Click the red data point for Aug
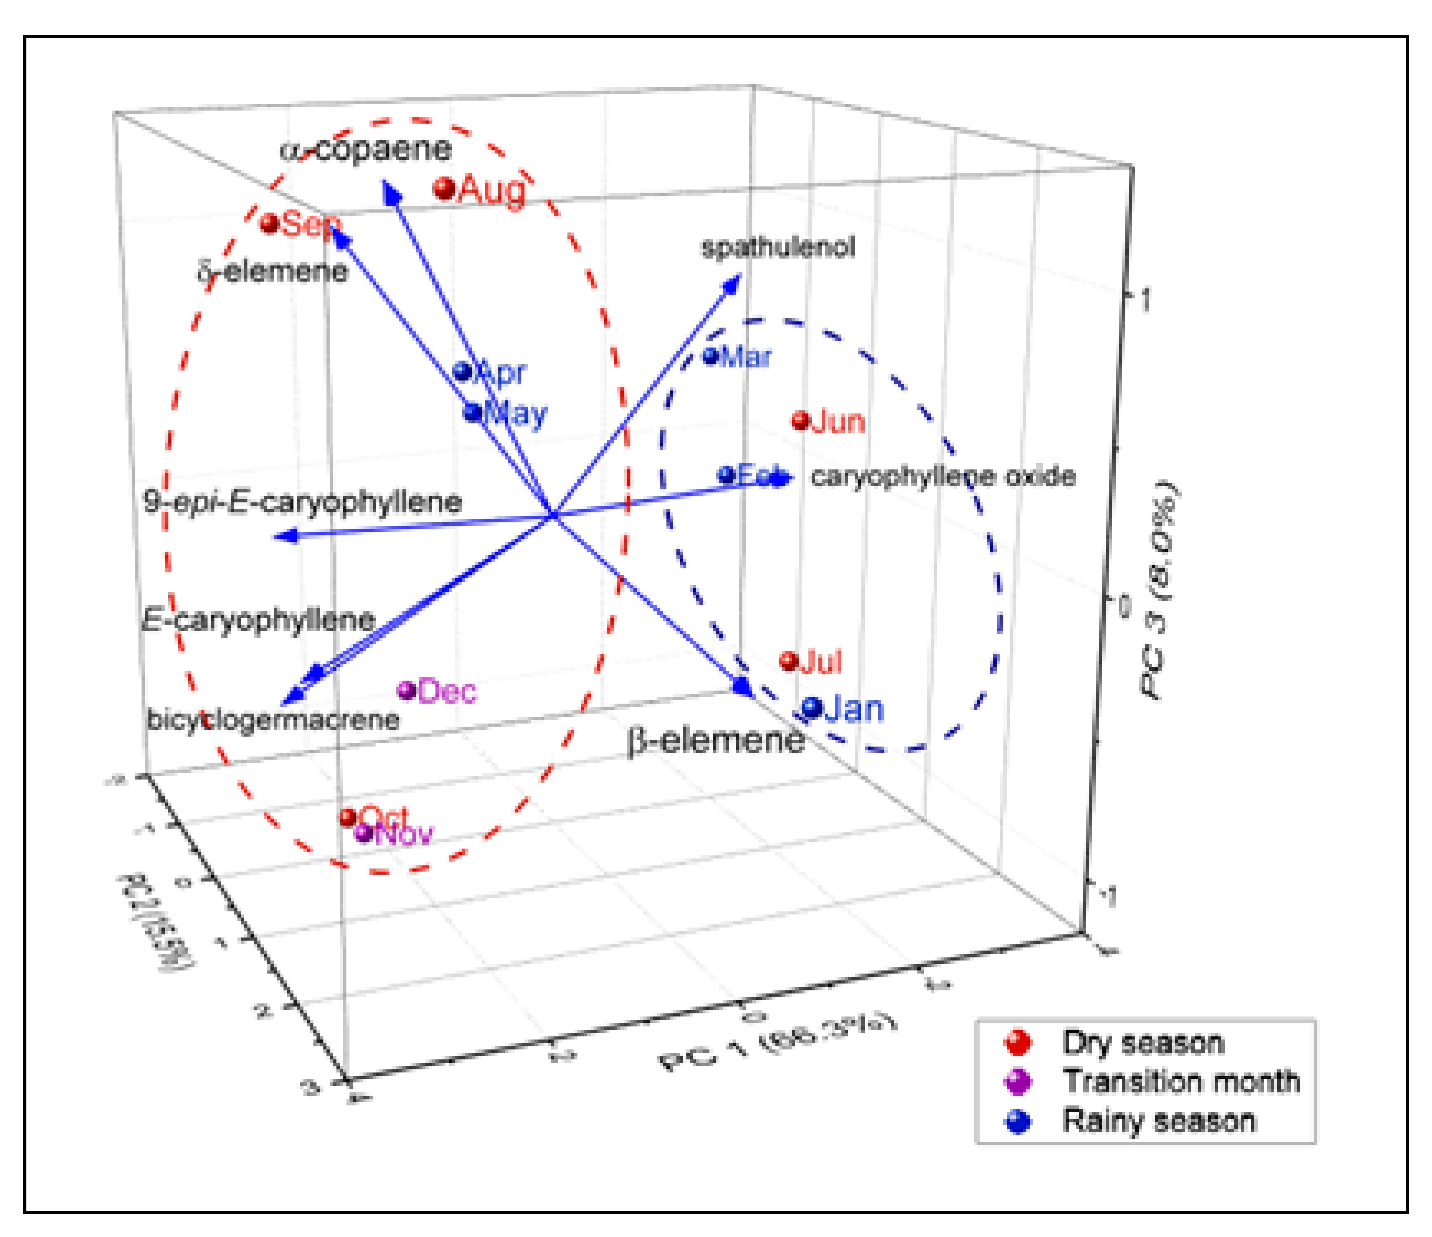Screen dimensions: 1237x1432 coord(445,188)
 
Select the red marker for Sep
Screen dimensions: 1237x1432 coord(269,223)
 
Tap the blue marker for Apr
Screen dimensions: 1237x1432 coord(462,372)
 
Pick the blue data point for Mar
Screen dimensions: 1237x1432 coord(711,357)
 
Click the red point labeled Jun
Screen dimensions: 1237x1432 coord(800,420)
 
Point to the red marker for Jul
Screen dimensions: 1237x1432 coord(789,661)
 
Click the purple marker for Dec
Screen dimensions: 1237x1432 coord(407,689)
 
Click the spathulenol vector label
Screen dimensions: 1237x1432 coord(778,247)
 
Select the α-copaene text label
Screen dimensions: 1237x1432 coord(366,149)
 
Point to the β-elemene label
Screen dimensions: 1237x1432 coord(716,741)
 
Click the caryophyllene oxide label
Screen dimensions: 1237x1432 coord(943,476)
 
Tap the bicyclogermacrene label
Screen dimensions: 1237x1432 coord(274,720)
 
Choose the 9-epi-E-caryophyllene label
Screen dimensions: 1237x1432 coord(303,502)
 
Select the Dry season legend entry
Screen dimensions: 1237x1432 coord(1142,1042)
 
